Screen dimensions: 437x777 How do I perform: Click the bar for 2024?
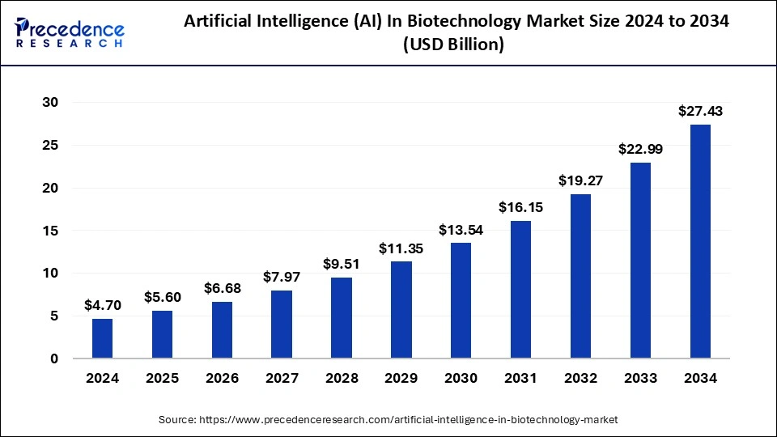click(102, 338)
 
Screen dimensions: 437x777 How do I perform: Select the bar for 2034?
click(700, 241)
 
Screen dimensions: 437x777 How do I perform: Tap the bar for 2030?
click(461, 300)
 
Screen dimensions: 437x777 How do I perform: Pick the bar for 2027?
click(282, 324)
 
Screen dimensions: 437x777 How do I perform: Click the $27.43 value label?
click(700, 111)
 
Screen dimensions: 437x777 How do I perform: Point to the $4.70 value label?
click(102, 305)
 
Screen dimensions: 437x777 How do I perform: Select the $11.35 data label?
click(401, 248)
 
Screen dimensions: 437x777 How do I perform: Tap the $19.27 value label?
click(580, 180)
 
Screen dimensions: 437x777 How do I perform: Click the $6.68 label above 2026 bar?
click(222, 288)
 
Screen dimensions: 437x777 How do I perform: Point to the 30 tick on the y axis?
click(52, 102)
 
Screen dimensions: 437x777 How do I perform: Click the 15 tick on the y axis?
click(52, 231)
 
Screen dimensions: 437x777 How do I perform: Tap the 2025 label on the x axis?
click(162, 377)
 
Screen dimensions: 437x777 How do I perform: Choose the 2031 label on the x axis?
click(520, 377)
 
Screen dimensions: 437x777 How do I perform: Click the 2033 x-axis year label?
click(640, 377)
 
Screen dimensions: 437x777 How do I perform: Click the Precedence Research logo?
click(70, 32)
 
